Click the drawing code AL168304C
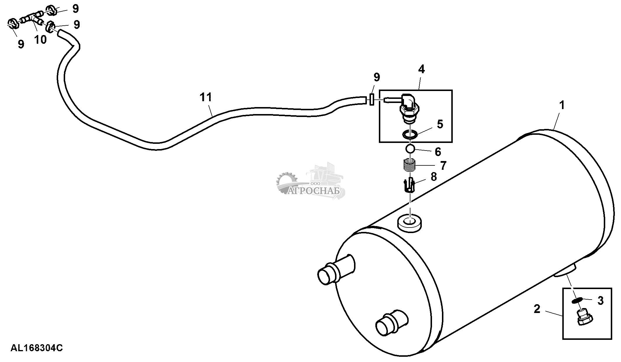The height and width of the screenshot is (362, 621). pos(37,348)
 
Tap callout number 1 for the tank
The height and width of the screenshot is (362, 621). pos(561,105)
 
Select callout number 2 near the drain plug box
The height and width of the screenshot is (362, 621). pos(537,309)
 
